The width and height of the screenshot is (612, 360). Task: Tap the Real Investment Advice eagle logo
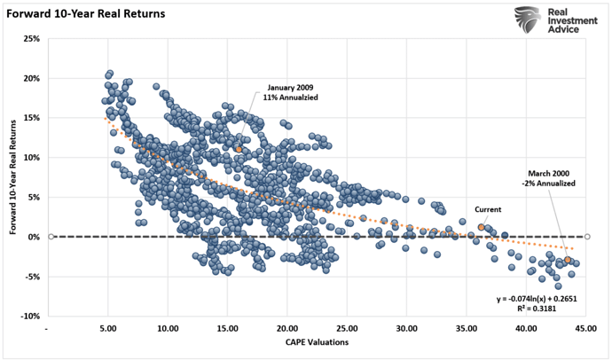[531, 20]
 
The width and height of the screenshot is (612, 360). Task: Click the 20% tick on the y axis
[31, 79]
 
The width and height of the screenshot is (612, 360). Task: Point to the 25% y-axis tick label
[31, 39]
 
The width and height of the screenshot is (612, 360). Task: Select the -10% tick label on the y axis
[29, 317]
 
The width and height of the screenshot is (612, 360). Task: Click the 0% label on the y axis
[34, 238]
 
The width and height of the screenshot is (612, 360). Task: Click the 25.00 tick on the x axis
[347, 329]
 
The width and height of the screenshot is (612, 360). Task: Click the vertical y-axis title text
[13, 177]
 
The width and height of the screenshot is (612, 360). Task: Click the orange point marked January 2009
[239, 149]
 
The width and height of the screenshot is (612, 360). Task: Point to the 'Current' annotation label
[487, 210]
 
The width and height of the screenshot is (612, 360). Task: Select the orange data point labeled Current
[482, 228]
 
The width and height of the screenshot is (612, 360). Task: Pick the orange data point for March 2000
[568, 260]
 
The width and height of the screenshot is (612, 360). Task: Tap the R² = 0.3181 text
[555, 310]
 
